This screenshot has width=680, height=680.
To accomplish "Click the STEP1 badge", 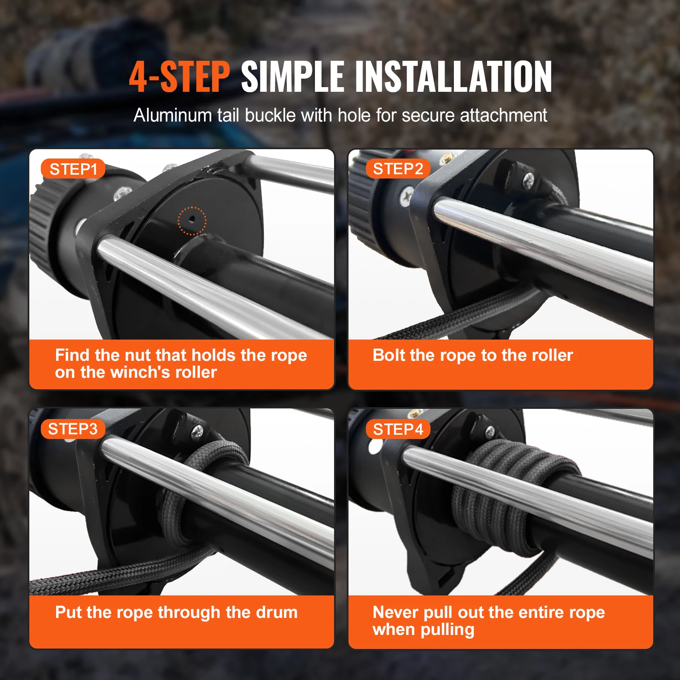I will [x=73, y=169].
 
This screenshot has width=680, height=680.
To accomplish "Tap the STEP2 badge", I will [x=398, y=169].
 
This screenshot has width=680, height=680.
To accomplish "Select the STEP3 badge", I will [x=73, y=429].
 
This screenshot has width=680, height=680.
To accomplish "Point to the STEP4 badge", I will [x=398, y=429].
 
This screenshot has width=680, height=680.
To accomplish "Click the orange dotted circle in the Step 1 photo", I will [x=192, y=221].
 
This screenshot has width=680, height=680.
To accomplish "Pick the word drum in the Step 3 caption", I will [x=276, y=612].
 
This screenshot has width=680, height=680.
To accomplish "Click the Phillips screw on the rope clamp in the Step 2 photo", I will [x=528, y=180].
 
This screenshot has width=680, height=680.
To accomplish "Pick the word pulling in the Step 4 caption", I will [x=447, y=630].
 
